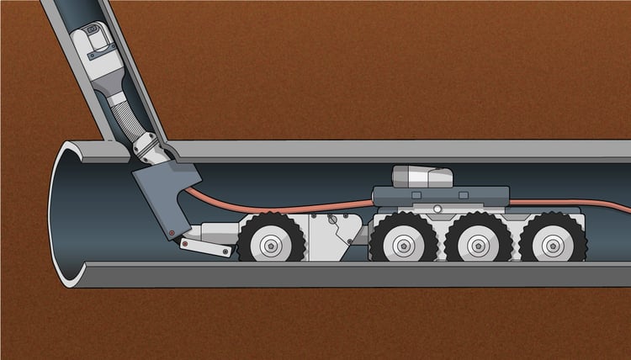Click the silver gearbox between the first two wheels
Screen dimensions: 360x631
[x=332, y=236]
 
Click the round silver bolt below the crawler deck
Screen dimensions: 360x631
[x=437, y=209]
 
